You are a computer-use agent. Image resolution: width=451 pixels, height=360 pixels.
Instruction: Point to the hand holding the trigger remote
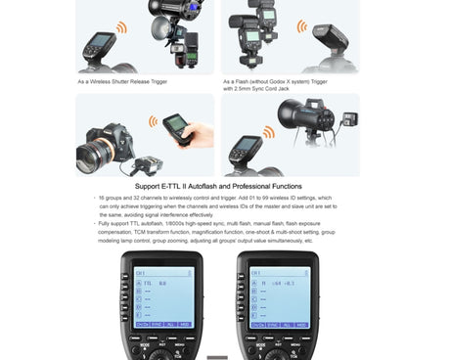tap(199, 134)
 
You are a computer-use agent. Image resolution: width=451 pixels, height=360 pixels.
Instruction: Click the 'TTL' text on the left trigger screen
tap(150, 282)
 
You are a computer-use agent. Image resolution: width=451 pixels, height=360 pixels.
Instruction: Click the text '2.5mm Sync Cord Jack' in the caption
tap(257, 89)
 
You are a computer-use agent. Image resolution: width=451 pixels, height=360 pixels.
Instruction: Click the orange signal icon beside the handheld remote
tap(153, 121)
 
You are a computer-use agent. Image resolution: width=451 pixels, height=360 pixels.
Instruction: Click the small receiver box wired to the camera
tap(154, 163)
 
